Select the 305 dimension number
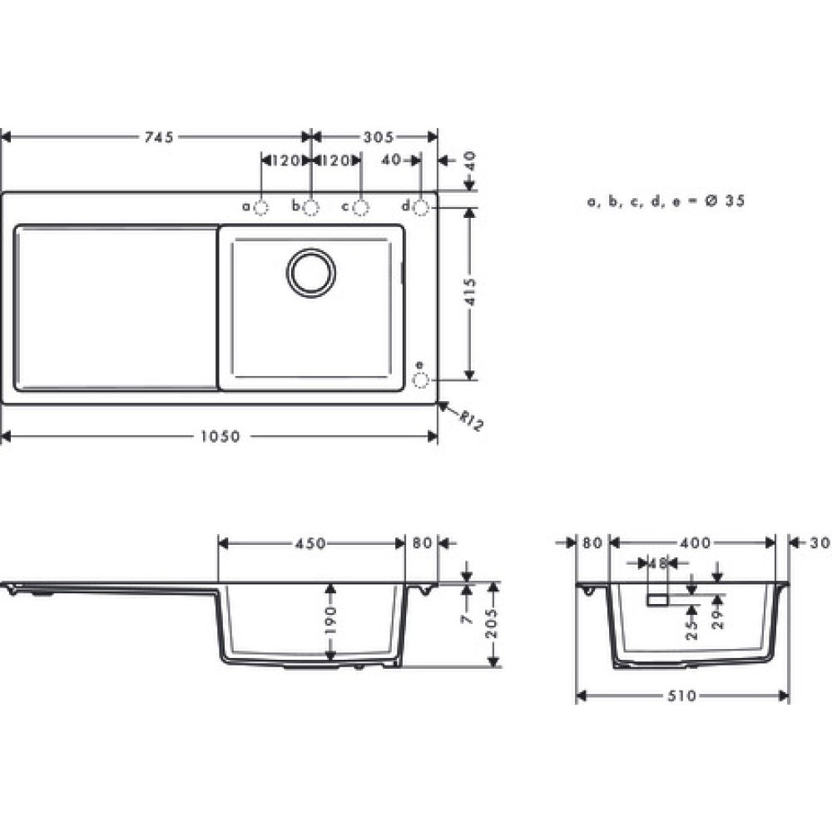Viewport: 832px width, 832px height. (x=377, y=137)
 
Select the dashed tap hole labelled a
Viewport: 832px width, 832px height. (x=261, y=206)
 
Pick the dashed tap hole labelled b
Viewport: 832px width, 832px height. (x=311, y=206)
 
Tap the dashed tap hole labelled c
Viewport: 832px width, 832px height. (x=361, y=206)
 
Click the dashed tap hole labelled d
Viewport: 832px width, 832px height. (x=421, y=206)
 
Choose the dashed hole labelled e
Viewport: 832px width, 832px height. (x=421, y=380)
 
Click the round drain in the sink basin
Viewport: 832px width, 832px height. (x=312, y=273)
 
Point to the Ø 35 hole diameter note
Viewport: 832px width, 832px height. (x=666, y=201)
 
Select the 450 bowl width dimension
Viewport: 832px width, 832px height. (x=310, y=543)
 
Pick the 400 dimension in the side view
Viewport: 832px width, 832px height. (x=695, y=543)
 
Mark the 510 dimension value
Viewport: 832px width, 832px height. (x=681, y=696)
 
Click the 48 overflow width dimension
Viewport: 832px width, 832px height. (x=658, y=563)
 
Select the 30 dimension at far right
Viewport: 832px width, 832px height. (x=819, y=543)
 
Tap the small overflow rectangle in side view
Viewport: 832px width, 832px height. (x=659, y=599)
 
